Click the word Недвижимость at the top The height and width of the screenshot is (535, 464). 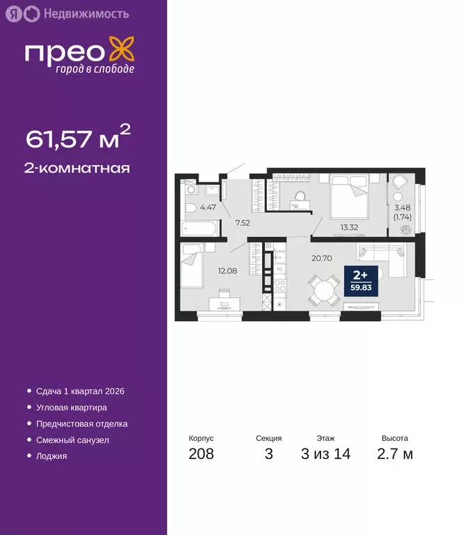coord(86,13)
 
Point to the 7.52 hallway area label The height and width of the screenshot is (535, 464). coord(242,223)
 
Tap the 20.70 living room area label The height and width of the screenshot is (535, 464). coord(320,258)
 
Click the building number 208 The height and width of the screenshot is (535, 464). coord(201,454)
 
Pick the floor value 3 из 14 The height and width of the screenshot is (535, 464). coord(325,454)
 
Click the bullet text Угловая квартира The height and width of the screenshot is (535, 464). coord(72,408)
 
